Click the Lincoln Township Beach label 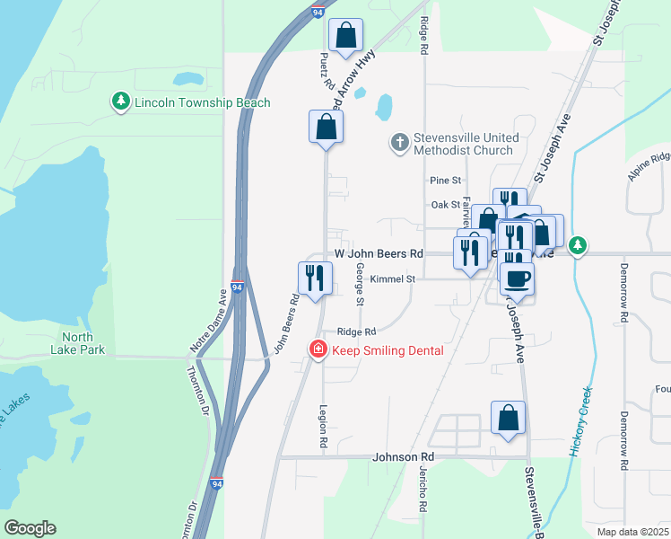[x=202, y=102]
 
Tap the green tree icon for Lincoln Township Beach [x=121, y=102]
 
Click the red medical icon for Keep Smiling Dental [x=318, y=349]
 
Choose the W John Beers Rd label [x=379, y=254]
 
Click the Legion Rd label [x=323, y=425]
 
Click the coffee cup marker [x=518, y=277]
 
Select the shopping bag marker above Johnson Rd [x=508, y=418]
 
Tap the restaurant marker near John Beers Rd [x=315, y=278]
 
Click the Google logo [x=30, y=528]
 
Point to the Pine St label [x=445, y=181]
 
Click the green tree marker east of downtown [x=579, y=245]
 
